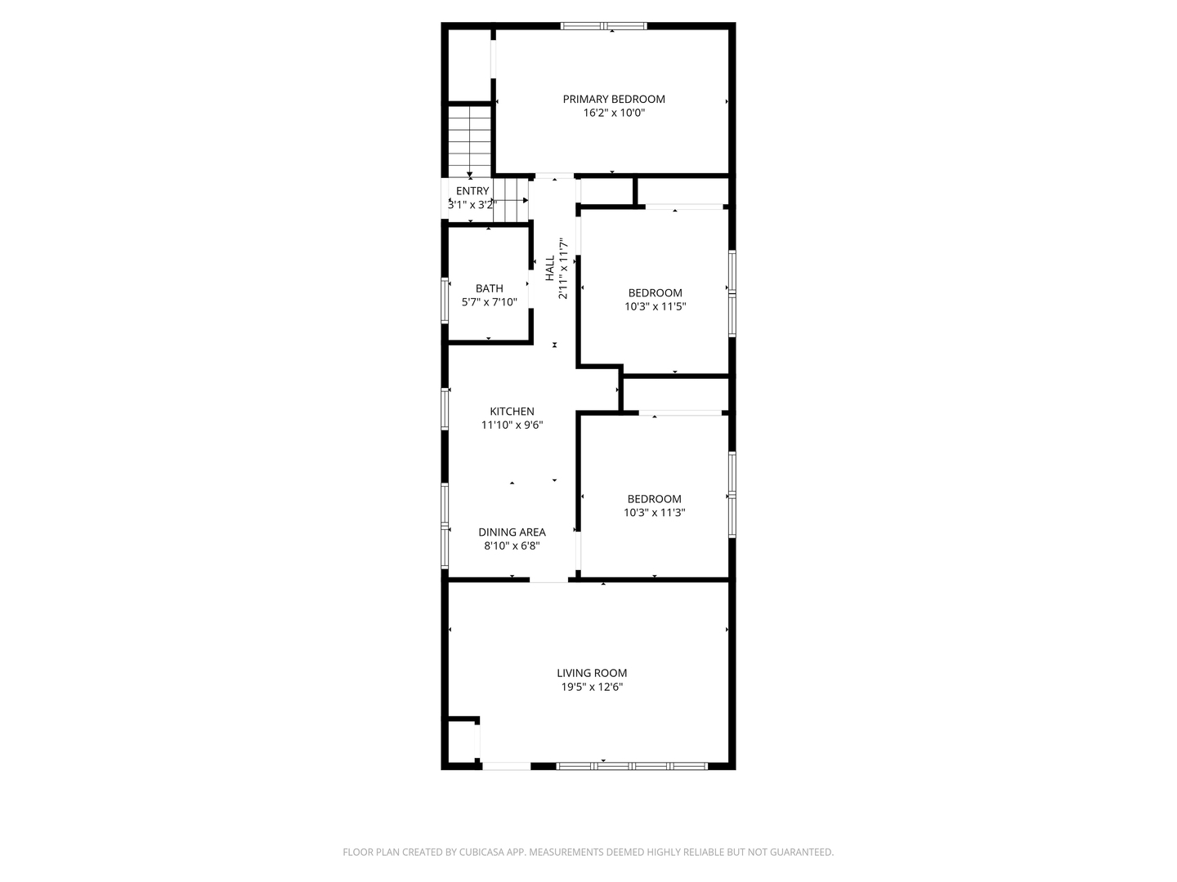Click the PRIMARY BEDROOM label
coord(614,100)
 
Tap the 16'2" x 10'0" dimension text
coord(614,114)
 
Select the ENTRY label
coord(472,191)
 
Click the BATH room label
coord(490,288)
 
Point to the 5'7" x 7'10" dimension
coord(490,302)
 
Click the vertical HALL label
coord(550,269)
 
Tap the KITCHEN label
coord(512,412)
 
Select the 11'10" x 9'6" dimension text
coord(512,425)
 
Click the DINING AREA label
coord(512,532)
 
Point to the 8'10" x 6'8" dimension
coord(512,546)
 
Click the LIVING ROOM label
coord(593,674)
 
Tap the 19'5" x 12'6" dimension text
coord(593,688)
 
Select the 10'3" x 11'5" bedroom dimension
coord(655,307)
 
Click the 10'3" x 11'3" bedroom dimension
coord(655,513)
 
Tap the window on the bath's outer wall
coord(445,301)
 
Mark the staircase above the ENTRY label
coord(469,140)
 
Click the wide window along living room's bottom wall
coord(632,766)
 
